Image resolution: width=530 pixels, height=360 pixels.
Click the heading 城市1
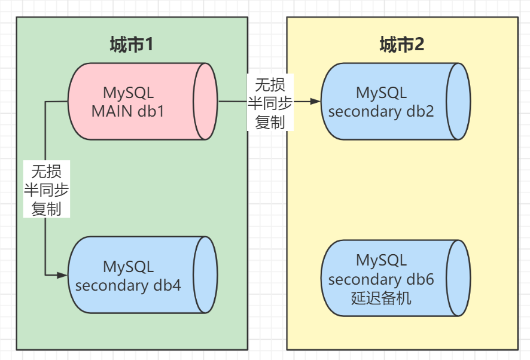coord(132,44)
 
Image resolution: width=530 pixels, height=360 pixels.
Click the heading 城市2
coord(402,44)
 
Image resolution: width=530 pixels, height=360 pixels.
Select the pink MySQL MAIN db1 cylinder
coord(142,101)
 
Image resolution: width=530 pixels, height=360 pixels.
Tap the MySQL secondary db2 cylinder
coord(395,101)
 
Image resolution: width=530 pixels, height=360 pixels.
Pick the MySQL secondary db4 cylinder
coord(142,275)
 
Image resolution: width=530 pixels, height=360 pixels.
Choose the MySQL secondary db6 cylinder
coord(395,278)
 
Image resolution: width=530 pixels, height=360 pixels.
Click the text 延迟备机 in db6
coord(381,298)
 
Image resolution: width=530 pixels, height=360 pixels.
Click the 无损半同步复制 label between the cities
coord(270,102)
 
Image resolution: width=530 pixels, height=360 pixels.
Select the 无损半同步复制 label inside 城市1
coord(46,190)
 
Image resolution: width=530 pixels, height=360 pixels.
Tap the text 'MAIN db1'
coord(128,111)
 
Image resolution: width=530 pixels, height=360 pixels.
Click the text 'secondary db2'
coord(381,111)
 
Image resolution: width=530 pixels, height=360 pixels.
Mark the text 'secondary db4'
coord(128,285)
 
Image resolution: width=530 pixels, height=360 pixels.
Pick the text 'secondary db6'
coord(381,279)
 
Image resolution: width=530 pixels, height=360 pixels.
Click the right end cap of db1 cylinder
coord(205,101)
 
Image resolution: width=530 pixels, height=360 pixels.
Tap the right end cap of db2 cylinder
coord(458,101)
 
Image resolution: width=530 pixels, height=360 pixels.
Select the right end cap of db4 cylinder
coord(205,275)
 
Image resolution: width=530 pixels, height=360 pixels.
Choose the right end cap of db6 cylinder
coord(458,278)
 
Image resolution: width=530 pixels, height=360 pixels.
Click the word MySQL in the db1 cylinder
coord(128,93)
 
